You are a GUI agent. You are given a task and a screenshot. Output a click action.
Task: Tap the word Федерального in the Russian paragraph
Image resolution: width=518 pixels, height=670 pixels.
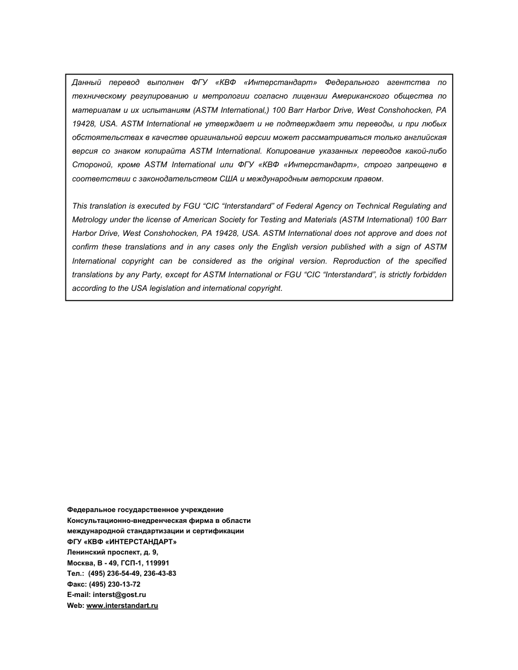(352, 83)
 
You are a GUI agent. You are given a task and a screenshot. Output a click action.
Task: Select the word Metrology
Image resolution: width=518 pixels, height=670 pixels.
(89, 220)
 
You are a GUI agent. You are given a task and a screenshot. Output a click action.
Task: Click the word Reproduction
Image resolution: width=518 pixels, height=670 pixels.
(357, 261)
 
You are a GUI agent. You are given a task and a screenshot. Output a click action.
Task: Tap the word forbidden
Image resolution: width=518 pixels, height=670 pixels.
(429, 275)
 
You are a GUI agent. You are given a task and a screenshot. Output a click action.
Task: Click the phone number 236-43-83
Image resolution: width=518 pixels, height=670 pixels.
(160, 574)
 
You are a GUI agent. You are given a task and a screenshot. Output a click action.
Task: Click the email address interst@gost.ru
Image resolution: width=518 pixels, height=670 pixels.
(119, 595)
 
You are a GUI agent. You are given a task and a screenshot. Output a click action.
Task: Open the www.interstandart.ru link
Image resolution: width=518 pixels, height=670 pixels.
(122, 606)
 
